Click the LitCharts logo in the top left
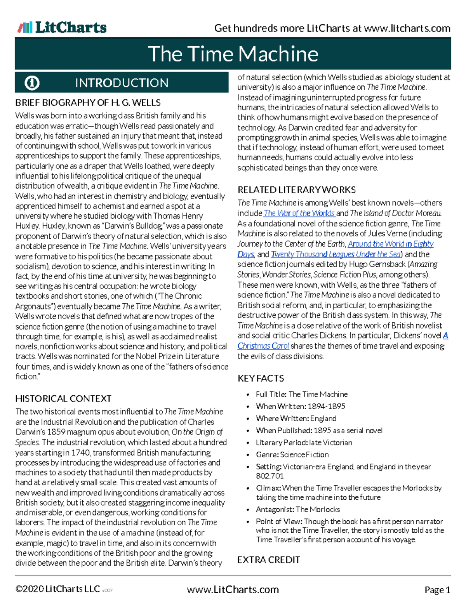point(62,27)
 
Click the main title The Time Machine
point(233,54)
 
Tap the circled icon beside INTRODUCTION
point(32,83)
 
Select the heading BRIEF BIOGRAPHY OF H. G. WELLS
point(88,103)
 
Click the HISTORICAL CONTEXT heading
point(63,399)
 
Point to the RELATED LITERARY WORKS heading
point(297,190)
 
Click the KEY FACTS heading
point(261,378)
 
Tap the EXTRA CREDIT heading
point(269,560)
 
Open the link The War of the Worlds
point(299,213)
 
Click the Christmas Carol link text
point(263,346)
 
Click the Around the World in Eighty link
point(391,244)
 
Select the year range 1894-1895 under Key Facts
point(326,407)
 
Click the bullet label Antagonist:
point(275,509)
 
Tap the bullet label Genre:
point(267,455)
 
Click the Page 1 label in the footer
point(437,590)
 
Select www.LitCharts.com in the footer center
point(233,590)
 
